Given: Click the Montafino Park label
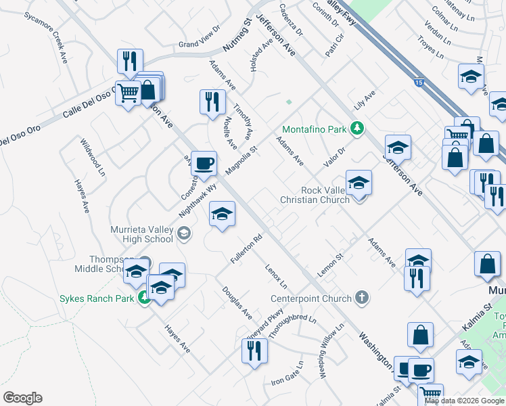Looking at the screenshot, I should tap(314, 129).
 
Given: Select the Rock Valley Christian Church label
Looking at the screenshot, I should tap(315, 194).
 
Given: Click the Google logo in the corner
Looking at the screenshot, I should tap(22, 398).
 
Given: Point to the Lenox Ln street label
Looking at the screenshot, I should tap(276, 275).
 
